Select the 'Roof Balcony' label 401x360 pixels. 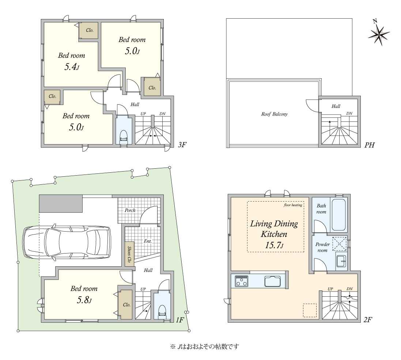274,114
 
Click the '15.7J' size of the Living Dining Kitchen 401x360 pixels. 274,245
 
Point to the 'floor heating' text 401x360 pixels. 293,205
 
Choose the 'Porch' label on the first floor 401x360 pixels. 130,210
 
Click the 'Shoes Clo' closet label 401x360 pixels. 129,254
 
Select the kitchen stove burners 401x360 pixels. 242,281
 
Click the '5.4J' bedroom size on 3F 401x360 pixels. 71,67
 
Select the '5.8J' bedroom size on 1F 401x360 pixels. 84,300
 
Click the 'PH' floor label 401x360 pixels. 369,145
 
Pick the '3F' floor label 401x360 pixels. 182,145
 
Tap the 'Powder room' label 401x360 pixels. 322,247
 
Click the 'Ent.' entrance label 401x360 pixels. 148,241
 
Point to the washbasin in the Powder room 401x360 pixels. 341,261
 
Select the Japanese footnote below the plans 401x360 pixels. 204,347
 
